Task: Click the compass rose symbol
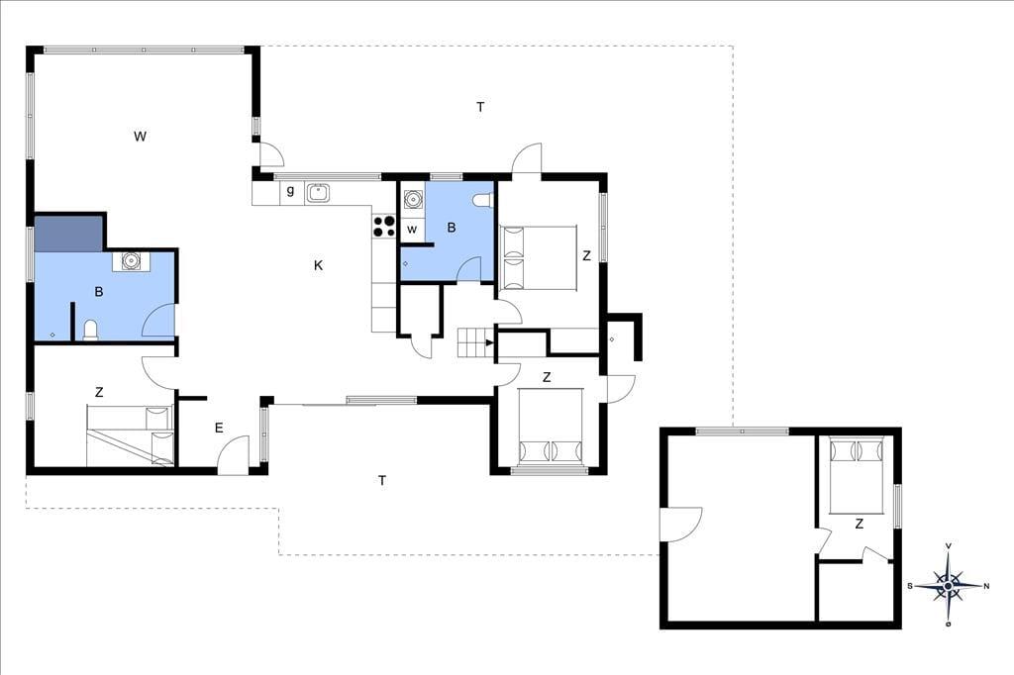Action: point(948,586)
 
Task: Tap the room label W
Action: point(140,136)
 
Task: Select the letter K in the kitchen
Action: point(318,265)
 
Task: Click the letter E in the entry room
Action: point(219,428)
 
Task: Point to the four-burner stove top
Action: point(384,226)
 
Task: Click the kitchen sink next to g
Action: point(318,193)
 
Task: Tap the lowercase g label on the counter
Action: point(290,191)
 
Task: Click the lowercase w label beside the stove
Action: point(412,230)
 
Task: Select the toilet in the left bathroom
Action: point(90,330)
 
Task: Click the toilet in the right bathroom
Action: point(482,201)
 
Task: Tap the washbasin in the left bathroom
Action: point(132,261)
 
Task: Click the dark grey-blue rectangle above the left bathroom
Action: point(68,234)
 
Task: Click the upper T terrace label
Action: point(480,107)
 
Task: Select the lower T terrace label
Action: point(382,480)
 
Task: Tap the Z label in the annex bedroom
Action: point(859,524)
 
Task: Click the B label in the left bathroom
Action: point(99,292)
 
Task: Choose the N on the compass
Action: point(986,587)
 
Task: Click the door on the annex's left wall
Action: point(680,524)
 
